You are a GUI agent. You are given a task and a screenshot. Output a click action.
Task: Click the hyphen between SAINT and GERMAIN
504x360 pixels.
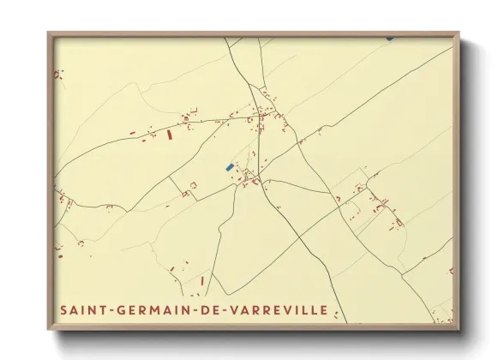(x=104, y=310)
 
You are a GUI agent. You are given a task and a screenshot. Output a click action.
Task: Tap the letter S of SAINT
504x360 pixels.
(x=63, y=309)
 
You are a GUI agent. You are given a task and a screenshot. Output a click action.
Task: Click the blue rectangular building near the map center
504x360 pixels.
(x=229, y=167)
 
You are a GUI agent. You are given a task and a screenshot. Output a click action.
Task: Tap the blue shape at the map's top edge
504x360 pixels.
(x=390, y=38)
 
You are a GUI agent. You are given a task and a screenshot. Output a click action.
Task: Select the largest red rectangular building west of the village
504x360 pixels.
(x=169, y=135)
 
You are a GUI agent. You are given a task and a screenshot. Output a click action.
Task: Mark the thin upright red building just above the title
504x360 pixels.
(x=202, y=280)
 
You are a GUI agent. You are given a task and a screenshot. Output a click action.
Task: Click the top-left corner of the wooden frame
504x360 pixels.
(x=48, y=33)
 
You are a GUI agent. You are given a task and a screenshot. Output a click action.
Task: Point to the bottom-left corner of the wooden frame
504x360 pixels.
(x=48, y=330)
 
